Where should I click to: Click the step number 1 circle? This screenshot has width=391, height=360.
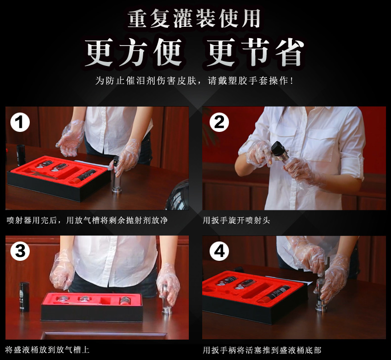click(20, 122)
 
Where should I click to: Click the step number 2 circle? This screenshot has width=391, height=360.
click(219, 122)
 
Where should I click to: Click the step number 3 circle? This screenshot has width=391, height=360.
click(20, 251)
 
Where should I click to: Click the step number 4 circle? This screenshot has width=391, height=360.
click(219, 251)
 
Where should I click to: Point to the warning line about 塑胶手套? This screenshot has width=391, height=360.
click(195, 80)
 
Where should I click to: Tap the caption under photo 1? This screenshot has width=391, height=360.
click(87, 220)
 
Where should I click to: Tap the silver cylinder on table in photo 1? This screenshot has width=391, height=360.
click(116, 176)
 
